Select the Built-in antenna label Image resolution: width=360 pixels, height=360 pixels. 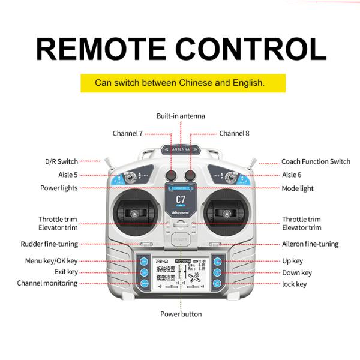click(181, 116)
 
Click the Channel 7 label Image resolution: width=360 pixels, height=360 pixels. click(127, 133)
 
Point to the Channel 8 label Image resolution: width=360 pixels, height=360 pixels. click(234, 133)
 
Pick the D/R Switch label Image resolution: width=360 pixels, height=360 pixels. click(61, 161)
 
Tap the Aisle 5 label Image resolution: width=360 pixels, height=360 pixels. click(67, 175)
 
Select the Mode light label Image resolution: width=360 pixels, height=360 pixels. click(298, 188)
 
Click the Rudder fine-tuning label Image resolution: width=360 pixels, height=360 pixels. click(49, 244)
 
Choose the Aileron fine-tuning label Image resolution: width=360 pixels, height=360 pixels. click(310, 244)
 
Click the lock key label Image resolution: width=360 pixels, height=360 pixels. click(294, 283)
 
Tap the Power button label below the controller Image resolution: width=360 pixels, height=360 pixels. click(181, 314)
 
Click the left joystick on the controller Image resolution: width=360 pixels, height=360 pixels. click(136, 214)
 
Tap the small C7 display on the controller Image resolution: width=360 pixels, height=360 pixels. click(180, 199)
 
